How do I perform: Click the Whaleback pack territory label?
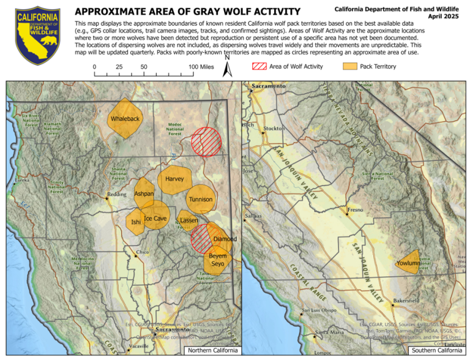click(x=125, y=119)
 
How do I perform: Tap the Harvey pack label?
click(x=174, y=179)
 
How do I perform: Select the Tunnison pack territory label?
click(x=201, y=200)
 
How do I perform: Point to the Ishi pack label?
click(x=136, y=223)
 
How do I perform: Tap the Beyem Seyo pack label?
click(x=218, y=260)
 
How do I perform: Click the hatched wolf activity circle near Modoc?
click(x=205, y=143)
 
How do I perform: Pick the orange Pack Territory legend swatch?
click(x=349, y=66)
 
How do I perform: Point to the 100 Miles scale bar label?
click(x=200, y=67)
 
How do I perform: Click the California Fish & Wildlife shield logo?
click(x=38, y=36)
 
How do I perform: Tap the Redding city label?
click(x=116, y=195)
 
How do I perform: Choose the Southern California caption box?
click(x=437, y=350)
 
